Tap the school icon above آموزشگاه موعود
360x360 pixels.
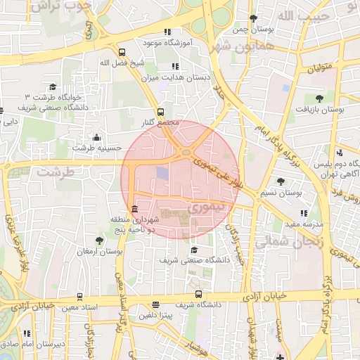click(167, 32)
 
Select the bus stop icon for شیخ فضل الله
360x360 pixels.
click(122, 52)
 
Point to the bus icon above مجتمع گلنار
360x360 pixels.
click(161, 112)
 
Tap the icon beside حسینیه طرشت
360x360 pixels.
click(96, 137)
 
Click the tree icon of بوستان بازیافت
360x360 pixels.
click(319, 97)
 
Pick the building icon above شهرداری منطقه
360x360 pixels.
click(134, 208)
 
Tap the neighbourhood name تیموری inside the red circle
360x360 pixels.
click(205, 208)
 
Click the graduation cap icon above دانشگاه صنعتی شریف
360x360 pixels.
click(193, 249)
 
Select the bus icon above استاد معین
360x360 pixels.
click(79, 296)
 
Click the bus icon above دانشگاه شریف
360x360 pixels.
click(198, 294)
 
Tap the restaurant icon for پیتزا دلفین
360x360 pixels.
click(155, 305)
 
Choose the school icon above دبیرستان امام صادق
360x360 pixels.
click(27, 333)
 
